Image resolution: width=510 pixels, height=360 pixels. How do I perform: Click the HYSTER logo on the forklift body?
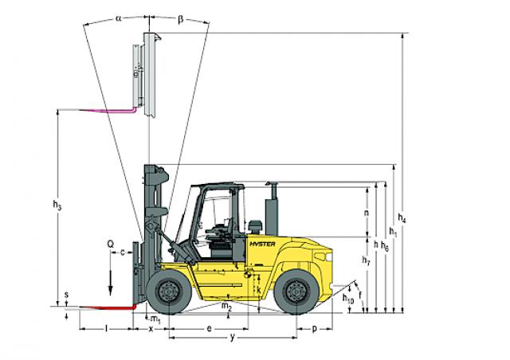pyautogui.click(x=262, y=244)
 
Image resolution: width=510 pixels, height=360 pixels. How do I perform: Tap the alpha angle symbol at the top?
pyautogui.click(x=119, y=19)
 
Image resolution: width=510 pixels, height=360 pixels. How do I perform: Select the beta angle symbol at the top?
pyautogui.click(x=181, y=19)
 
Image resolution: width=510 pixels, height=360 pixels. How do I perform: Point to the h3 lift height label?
pyautogui.click(x=57, y=205)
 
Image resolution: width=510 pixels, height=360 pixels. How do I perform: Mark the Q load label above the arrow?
pyautogui.click(x=111, y=244)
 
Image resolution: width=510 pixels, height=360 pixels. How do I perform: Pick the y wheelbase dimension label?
pyautogui.click(x=232, y=338)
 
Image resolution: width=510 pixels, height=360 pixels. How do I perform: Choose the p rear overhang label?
pyautogui.click(x=314, y=329)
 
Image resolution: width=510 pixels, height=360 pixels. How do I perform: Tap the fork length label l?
pyautogui.click(x=106, y=329)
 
